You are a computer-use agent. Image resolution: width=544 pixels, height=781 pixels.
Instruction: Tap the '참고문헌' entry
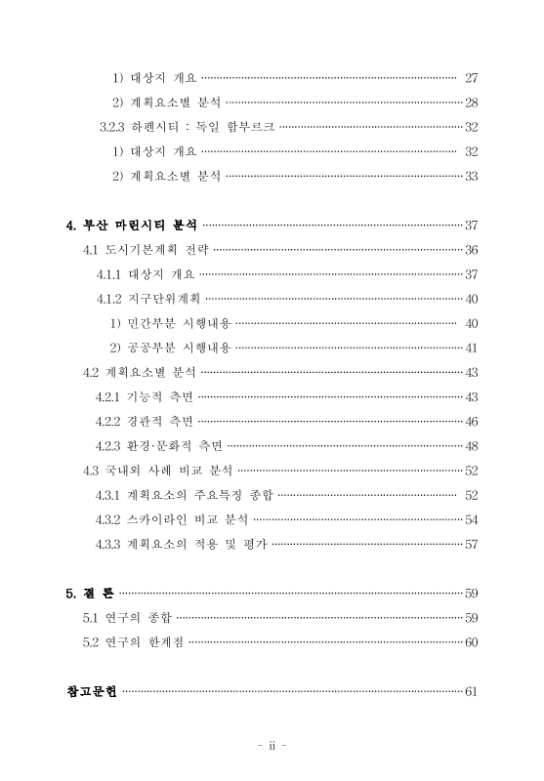pos(91,692)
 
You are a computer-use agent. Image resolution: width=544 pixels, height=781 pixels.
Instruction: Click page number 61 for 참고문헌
pos(471,692)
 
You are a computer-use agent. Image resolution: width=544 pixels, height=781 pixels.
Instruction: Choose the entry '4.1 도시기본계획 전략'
pos(146,250)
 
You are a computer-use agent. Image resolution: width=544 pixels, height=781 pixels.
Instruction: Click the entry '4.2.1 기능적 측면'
pos(145,397)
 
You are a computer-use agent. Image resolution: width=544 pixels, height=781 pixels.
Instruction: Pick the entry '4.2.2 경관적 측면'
pos(145,422)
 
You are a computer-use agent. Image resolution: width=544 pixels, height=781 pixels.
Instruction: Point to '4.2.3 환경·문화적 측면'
pos(158,446)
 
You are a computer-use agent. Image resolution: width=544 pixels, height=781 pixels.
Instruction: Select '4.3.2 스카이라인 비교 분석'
pos(172,519)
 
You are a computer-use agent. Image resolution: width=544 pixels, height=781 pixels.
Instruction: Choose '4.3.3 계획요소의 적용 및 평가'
pos(181,544)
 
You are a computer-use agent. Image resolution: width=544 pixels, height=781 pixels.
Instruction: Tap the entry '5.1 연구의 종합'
pos(127,617)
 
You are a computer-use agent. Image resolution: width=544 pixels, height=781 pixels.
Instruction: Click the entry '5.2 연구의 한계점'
pos(133,642)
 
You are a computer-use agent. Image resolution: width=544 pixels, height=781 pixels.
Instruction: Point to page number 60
pos(471,642)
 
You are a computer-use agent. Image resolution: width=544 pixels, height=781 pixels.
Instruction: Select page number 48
pos(471,446)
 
